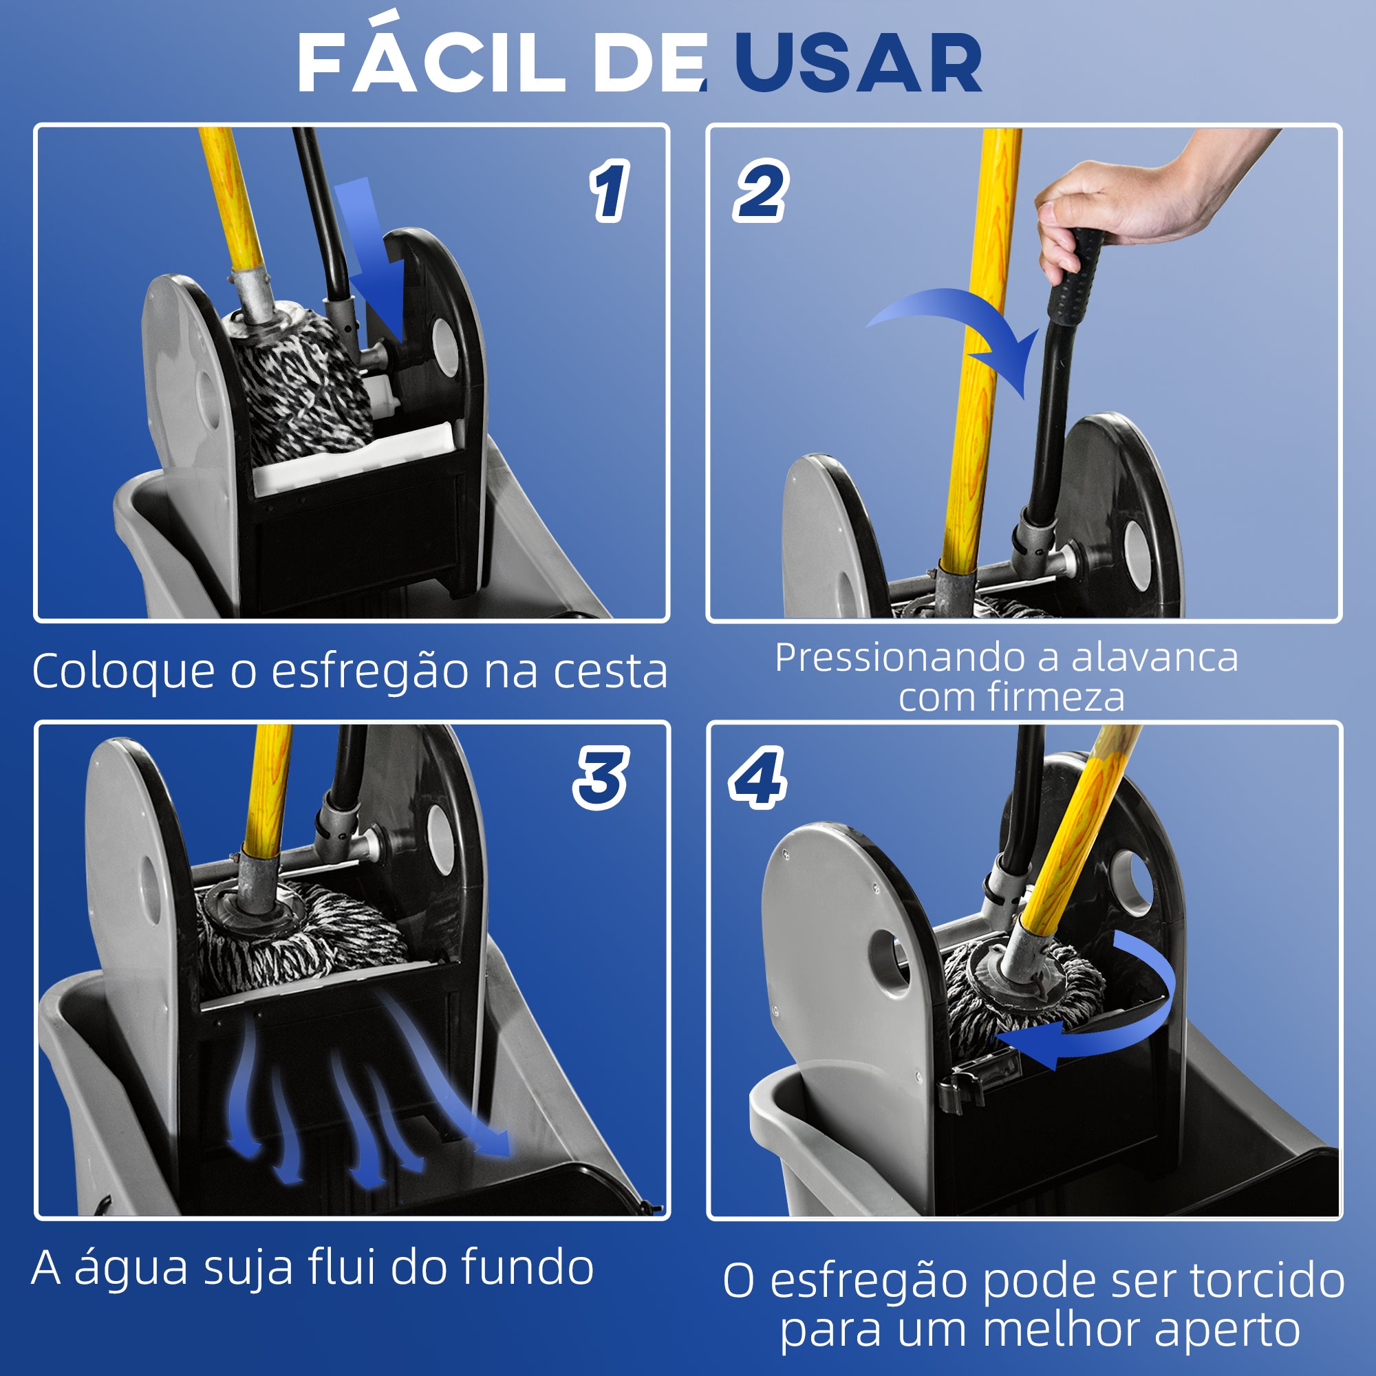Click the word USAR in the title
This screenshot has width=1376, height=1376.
click(x=857, y=64)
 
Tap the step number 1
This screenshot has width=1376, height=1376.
click(x=609, y=191)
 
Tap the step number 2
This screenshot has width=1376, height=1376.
click(x=760, y=191)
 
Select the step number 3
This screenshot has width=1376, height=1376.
click(x=601, y=777)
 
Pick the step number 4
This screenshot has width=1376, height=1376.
click(x=757, y=777)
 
